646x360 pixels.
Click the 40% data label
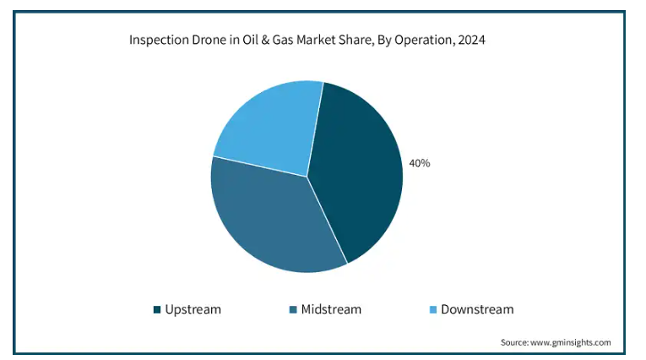coord(420,163)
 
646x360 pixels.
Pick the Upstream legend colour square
coord(157,309)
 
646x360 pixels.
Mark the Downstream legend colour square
coord(433,309)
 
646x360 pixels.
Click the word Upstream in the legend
coord(193,309)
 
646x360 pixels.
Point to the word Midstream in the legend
coord(330,309)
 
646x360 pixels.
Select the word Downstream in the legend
coord(477,309)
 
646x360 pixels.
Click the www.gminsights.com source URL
coord(571,342)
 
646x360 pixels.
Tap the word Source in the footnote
coord(514,342)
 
